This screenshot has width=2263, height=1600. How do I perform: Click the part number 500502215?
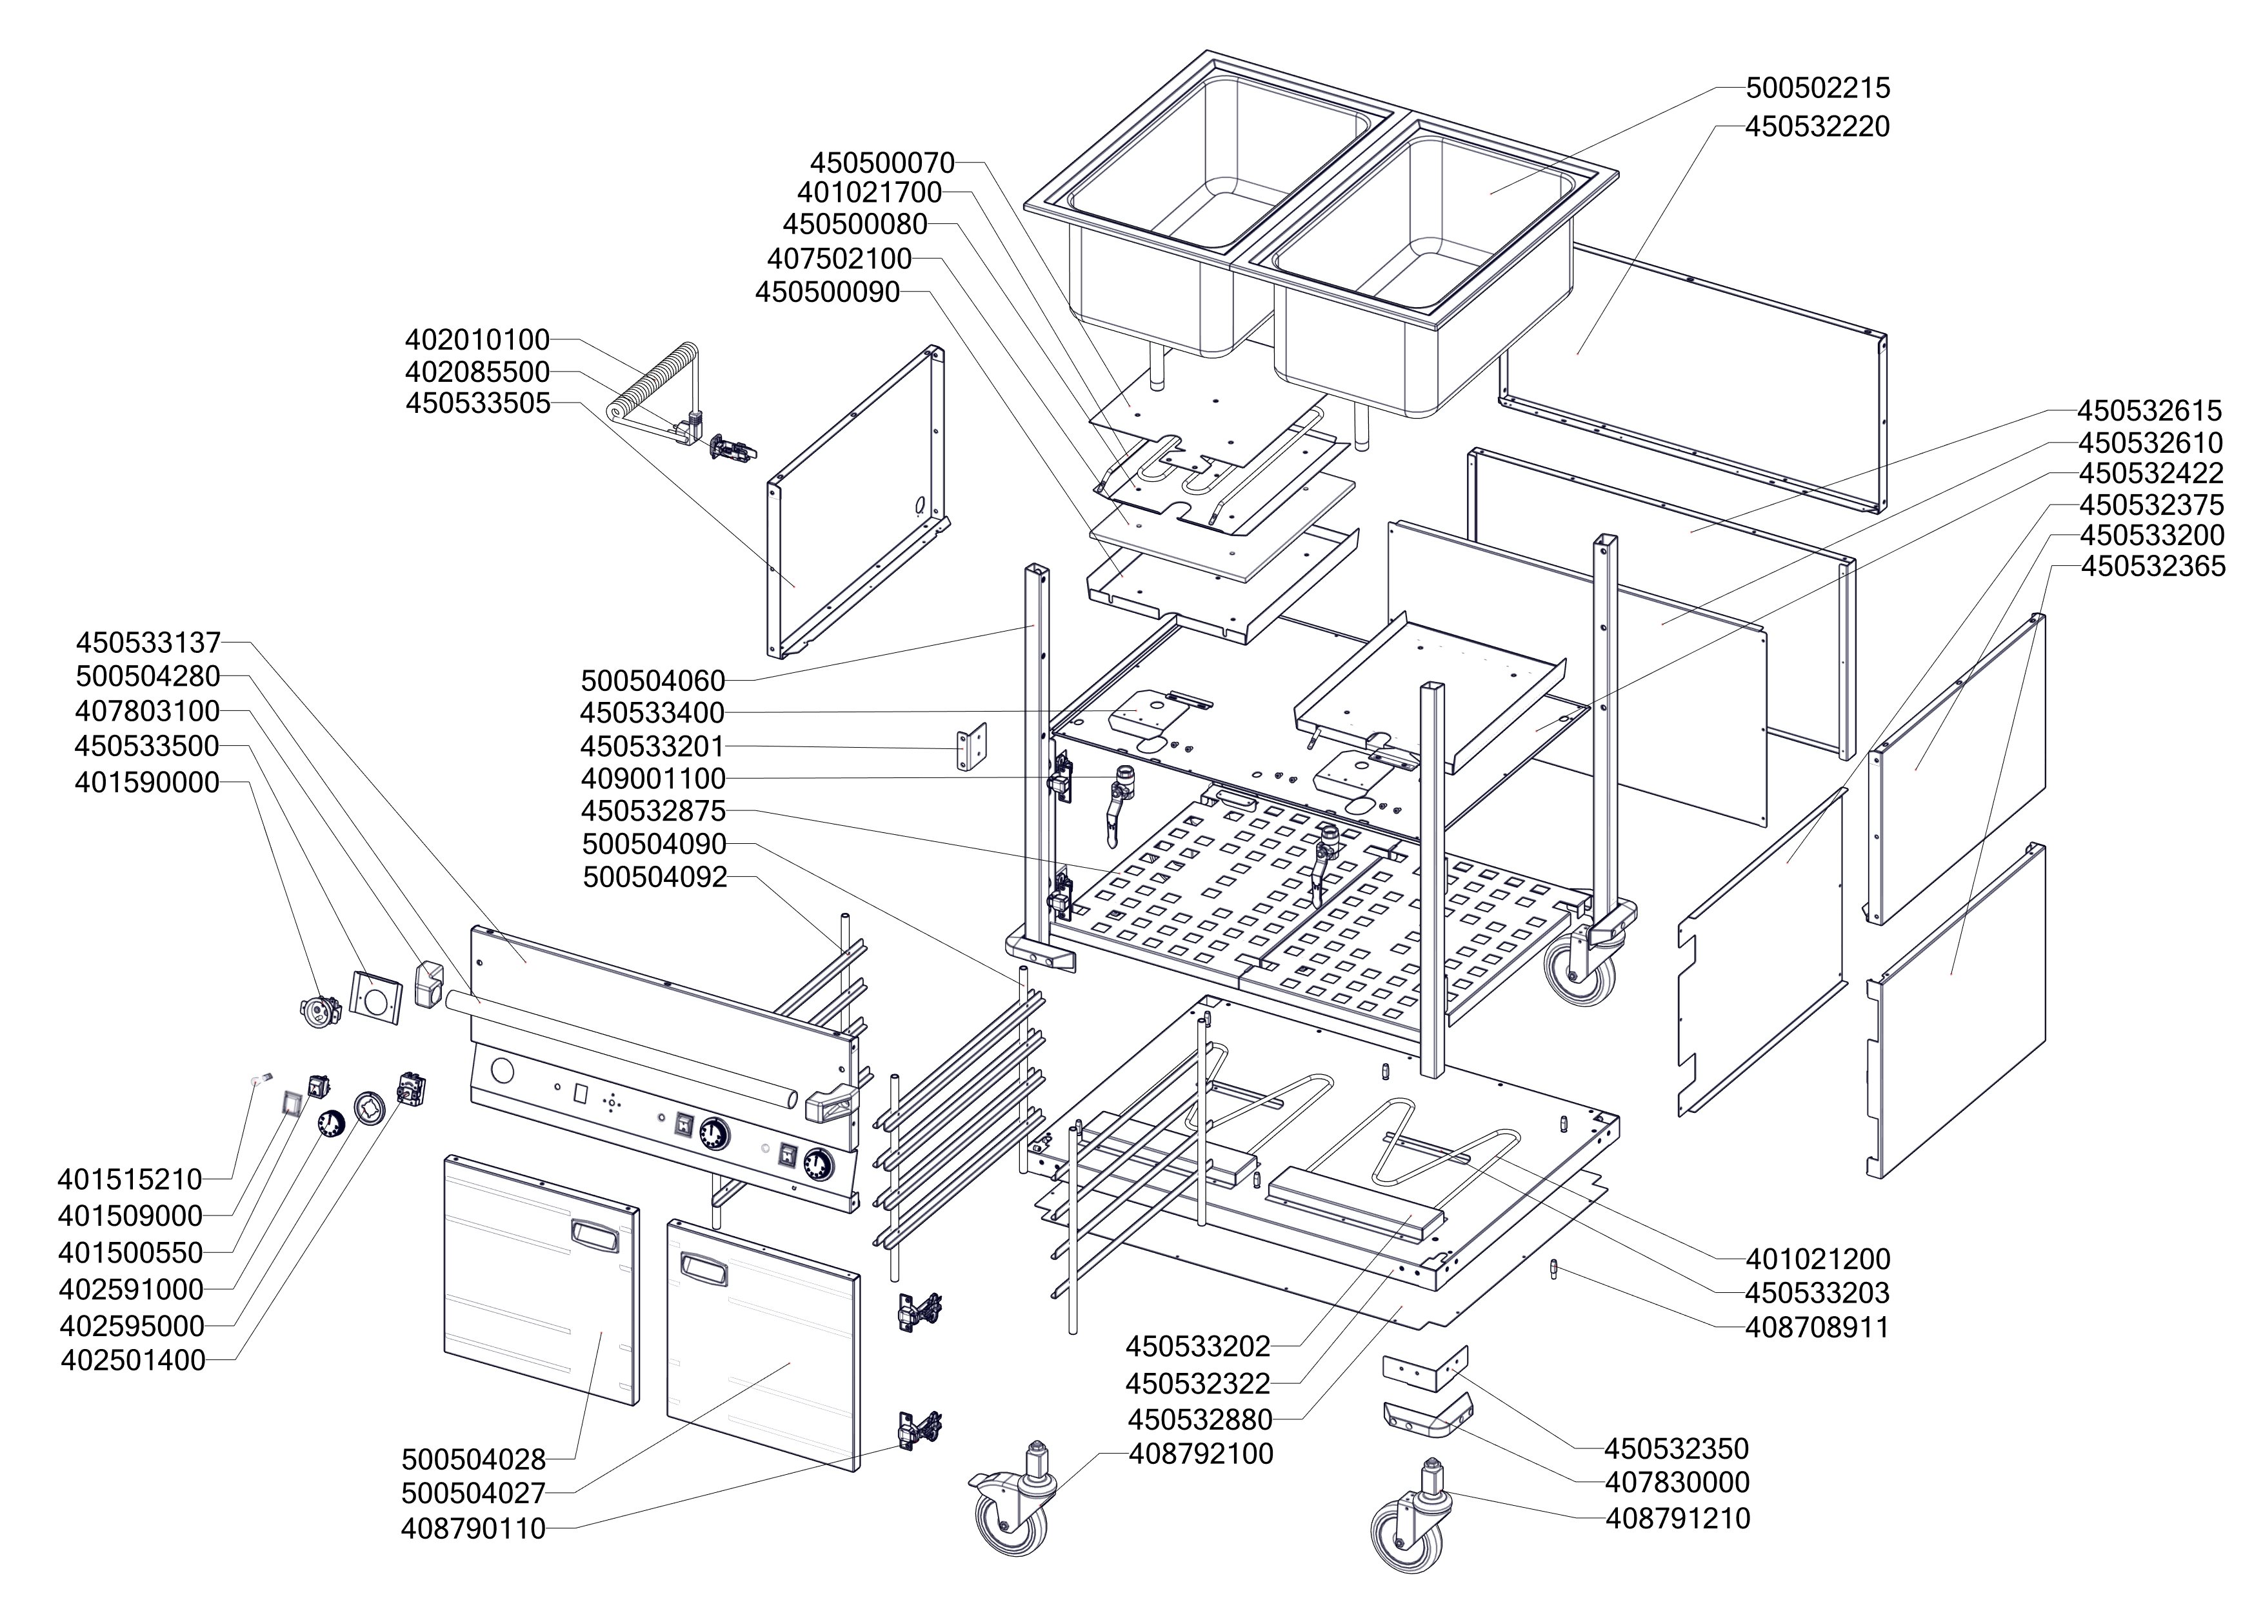click(x=1817, y=88)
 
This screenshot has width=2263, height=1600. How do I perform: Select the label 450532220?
click(x=1817, y=127)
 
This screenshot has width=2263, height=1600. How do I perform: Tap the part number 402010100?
click(x=477, y=340)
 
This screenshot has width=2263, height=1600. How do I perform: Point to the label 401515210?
click(x=130, y=1179)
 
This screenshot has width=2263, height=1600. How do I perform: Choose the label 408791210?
click(x=1677, y=1518)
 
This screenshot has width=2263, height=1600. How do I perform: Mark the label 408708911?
click(x=1817, y=1327)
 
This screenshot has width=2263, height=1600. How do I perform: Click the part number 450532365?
click(x=2153, y=566)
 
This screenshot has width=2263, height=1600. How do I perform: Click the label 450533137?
click(x=148, y=643)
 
